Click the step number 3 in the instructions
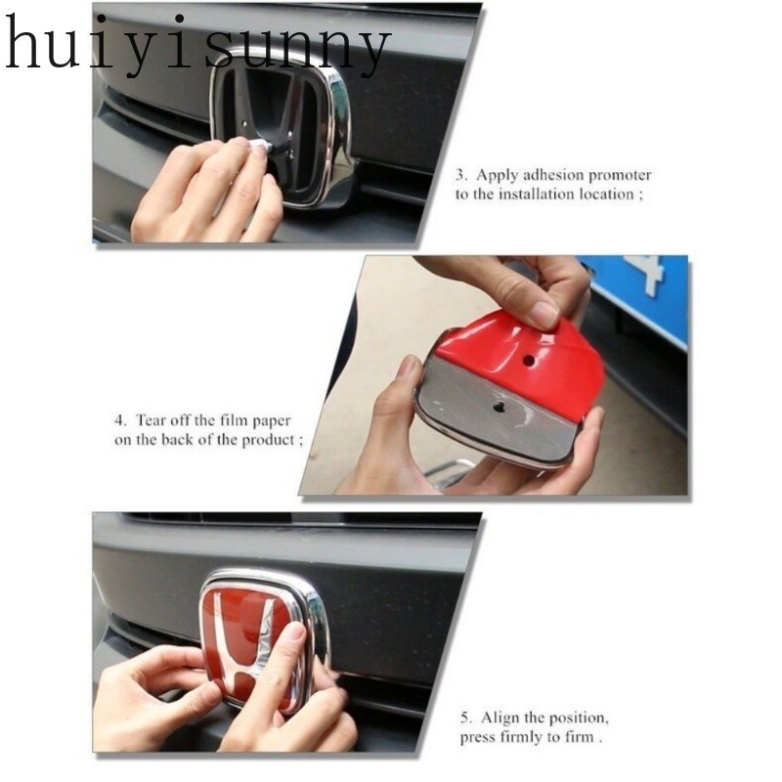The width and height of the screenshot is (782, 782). click(x=460, y=176)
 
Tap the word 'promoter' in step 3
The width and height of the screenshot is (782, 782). click(x=620, y=176)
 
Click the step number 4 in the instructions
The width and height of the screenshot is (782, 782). click(x=119, y=420)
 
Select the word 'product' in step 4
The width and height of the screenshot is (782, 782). click(x=271, y=441)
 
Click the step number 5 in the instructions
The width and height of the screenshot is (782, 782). click(x=465, y=718)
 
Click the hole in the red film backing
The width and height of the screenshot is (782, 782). click(x=527, y=359)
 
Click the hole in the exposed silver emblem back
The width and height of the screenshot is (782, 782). click(x=498, y=408)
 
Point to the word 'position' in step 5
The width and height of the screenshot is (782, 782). click(x=581, y=719)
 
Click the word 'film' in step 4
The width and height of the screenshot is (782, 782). click(x=233, y=420)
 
